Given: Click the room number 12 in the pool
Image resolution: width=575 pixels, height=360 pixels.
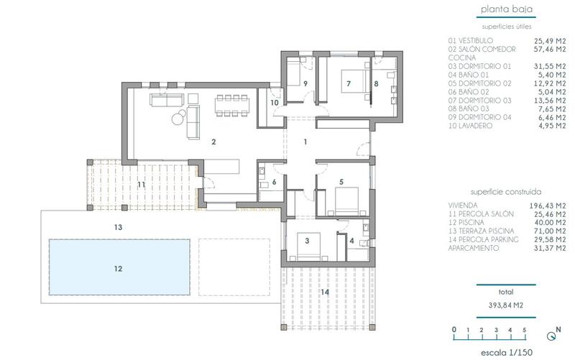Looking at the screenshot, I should coord(118,269).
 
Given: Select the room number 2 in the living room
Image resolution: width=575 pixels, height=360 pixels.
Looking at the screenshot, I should coord(213,142).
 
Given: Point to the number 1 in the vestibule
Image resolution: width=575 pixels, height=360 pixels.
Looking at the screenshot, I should coord(305,142).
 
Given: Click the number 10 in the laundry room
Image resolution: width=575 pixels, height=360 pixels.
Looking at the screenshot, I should coord(274,103).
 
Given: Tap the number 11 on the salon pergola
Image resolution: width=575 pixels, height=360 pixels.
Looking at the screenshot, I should coord(142,185).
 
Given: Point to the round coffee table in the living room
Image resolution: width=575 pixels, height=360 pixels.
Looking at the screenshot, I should coord(176,120).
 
